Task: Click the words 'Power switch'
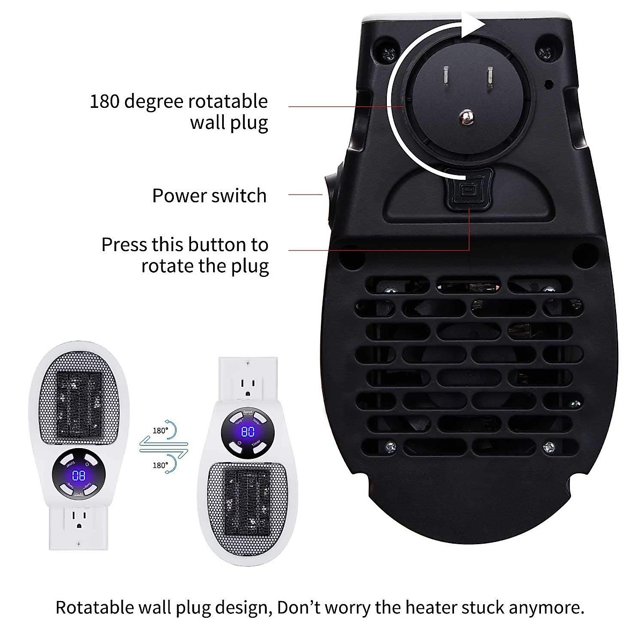tap(209, 196)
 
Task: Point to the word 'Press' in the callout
tap(125, 245)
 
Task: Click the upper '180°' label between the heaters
tap(159, 430)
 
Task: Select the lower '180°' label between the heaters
tap(159, 465)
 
